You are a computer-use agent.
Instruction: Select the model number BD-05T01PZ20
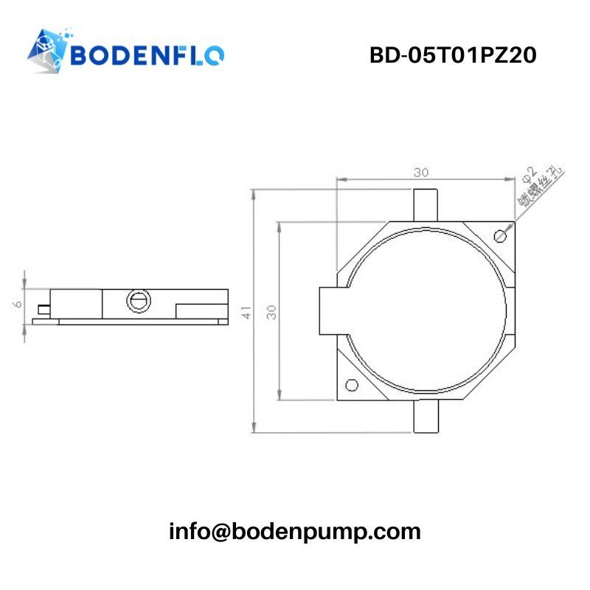click(452, 55)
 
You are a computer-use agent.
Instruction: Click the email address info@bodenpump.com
click(295, 531)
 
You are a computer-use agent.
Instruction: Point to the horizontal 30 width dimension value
click(420, 173)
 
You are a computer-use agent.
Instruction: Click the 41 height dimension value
click(247, 312)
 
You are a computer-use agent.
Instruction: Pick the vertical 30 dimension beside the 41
click(272, 312)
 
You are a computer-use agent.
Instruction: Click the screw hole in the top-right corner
click(502, 235)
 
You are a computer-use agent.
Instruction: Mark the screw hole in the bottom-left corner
click(352, 385)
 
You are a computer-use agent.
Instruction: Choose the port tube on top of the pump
click(425, 204)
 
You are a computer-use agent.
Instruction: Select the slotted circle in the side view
click(138, 300)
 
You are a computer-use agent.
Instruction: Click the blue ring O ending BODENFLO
click(214, 55)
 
